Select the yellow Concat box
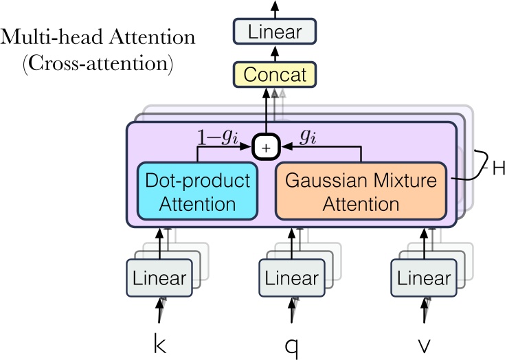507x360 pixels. point(274,74)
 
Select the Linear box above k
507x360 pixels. point(159,278)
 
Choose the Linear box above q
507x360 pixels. point(292,278)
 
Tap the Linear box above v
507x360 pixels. point(425,278)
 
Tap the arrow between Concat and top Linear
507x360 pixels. point(274,53)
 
